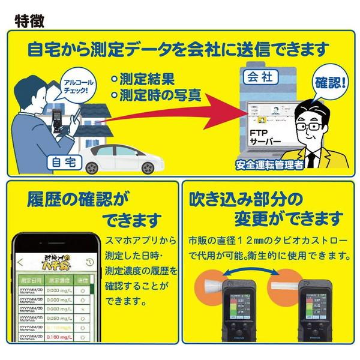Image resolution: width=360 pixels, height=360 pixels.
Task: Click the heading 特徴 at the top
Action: pos(28,20)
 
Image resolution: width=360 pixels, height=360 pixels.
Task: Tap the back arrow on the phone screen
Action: pos(22,262)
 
